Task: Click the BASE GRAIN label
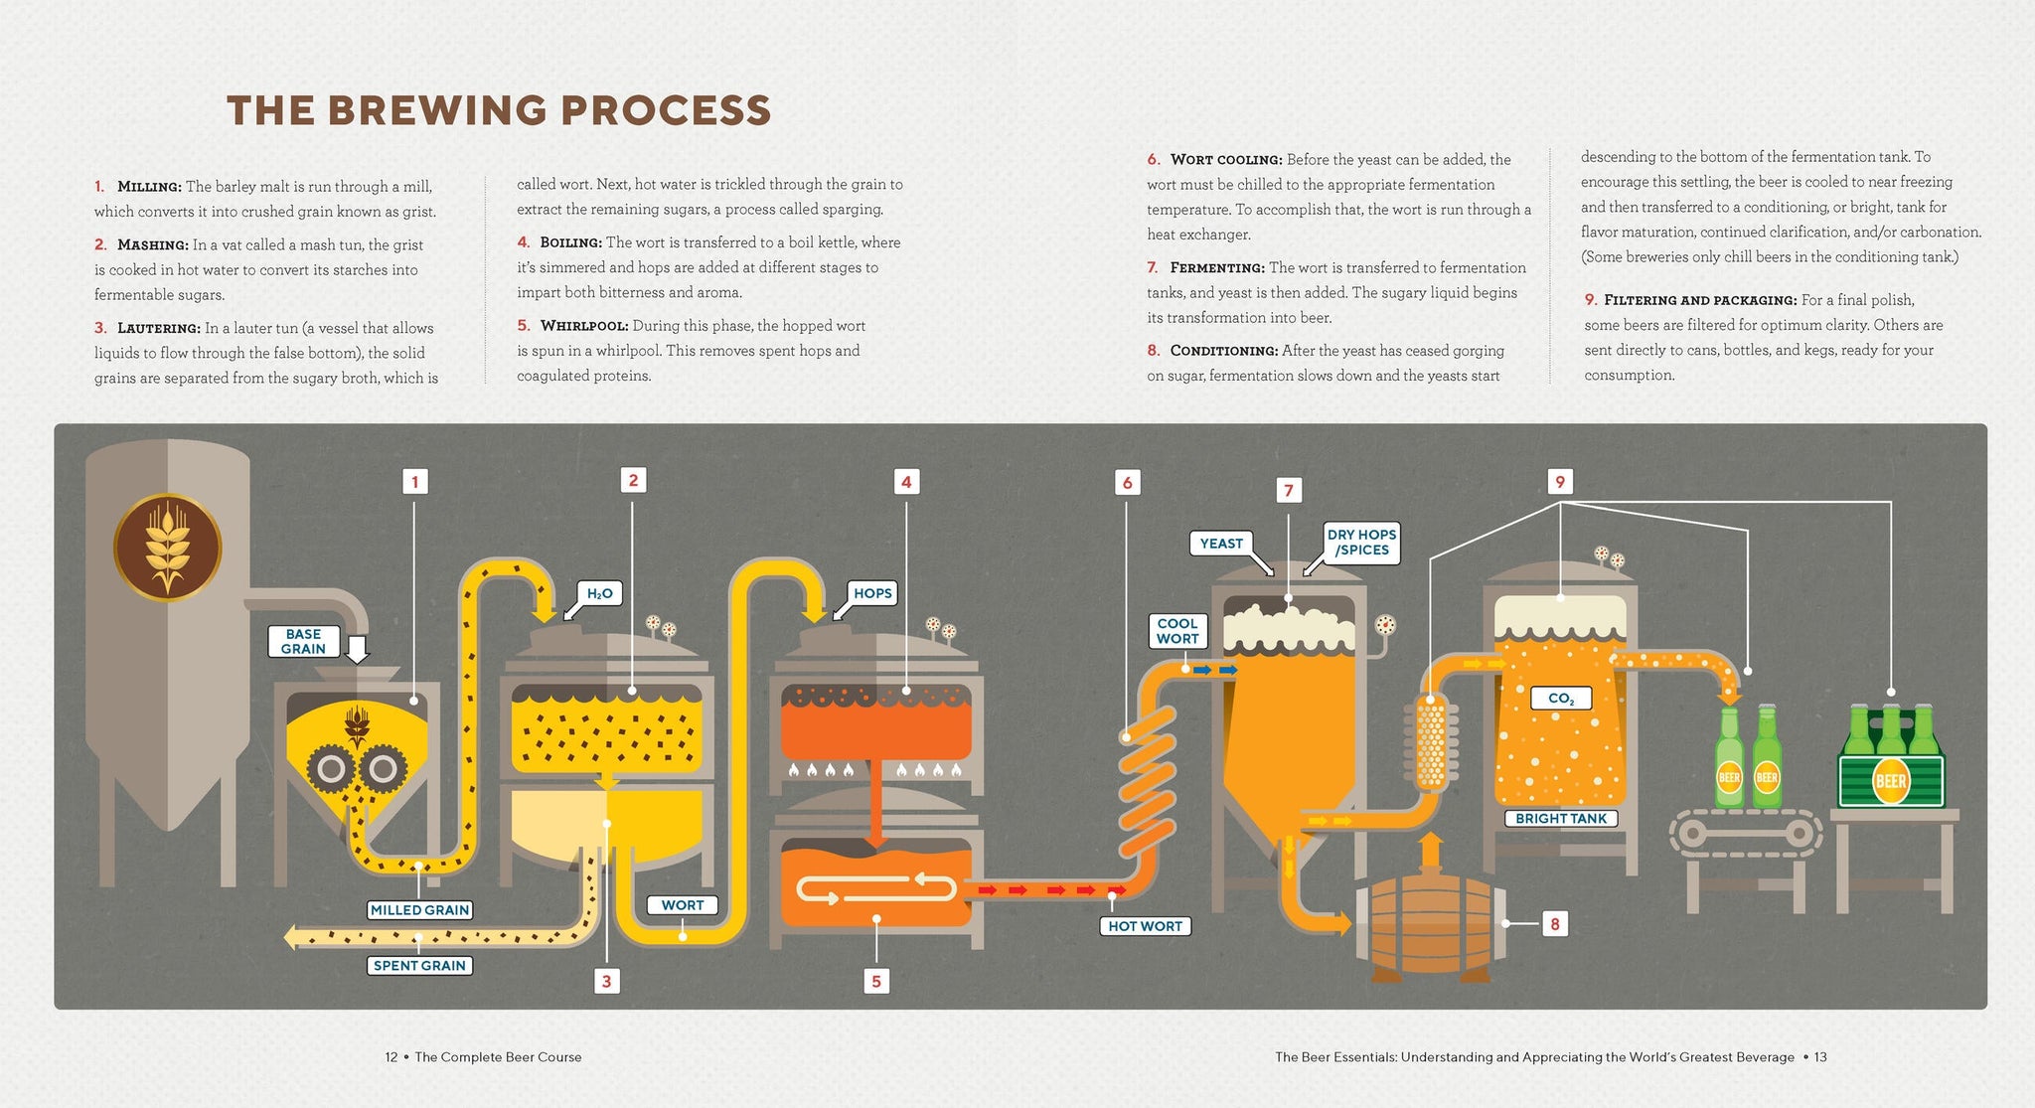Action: pyautogui.click(x=303, y=641)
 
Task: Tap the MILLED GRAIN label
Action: pyautogui.click(x=419, y=909)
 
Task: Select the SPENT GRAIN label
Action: pyautogui.click(x=419, y=965)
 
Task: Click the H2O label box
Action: pyautogui.click(x=599, y=593)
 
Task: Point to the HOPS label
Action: pyautogui.click(x=872, y=593)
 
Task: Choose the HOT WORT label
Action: pyautogui.click(x=1145, y=926)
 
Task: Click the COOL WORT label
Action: pyautogui.click(x=1177, y=631)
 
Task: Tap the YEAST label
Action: pyautogui.click(x=1221, y=544)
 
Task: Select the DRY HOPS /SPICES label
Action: pyautogui.click(x=1361, y=542)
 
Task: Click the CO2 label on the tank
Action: pyautogui.click(x=1560, y=699)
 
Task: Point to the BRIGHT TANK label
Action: pyautogui.click(x=1561, y=819)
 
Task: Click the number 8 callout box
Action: pyautogui.click(x=1554, y=924)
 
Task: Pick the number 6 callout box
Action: pyautogui.click(x=1127, y=483)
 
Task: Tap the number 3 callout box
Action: pyautogui.click(x=606, y=981)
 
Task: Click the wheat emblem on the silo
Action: pyautogui.click(x=167, y=548)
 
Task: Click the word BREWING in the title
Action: pyautogui.click(x=438, y=111)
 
